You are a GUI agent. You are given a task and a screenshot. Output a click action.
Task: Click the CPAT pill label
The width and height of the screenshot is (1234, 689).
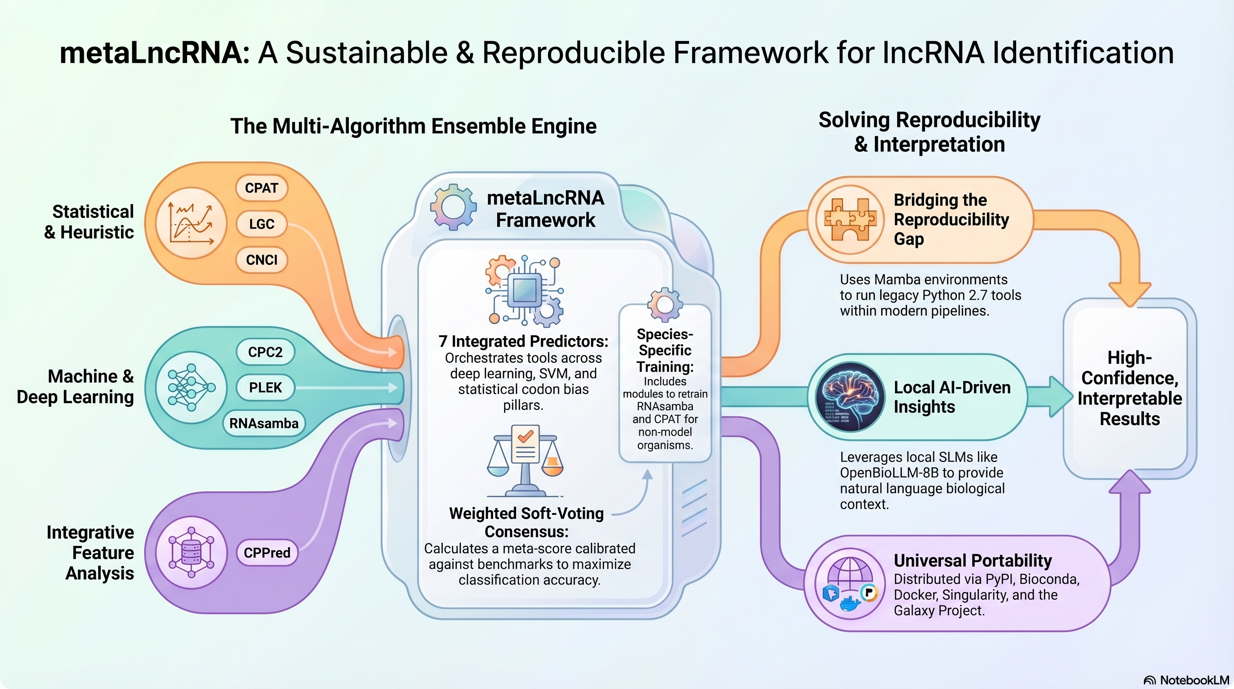261,188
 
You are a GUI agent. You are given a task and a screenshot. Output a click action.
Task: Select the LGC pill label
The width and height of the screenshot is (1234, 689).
261,224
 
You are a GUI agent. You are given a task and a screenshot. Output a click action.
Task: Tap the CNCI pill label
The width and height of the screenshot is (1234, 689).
261,260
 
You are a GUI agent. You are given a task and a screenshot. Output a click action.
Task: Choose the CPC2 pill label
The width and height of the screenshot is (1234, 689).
265,352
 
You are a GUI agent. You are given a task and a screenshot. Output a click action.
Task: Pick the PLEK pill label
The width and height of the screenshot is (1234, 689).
265,388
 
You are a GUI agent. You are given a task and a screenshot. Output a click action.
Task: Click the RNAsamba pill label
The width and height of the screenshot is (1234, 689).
264,423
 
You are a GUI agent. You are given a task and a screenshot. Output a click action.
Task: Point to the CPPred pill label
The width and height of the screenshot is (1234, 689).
267,553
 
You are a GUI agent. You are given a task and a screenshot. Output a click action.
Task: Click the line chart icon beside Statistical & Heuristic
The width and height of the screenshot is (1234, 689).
191,223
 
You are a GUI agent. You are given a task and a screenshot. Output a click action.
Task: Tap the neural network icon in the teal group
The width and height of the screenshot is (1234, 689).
191,387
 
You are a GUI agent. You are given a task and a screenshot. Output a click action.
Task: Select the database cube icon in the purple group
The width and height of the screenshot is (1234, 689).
191,552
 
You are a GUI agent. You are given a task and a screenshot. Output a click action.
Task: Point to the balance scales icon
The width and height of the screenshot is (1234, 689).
525,460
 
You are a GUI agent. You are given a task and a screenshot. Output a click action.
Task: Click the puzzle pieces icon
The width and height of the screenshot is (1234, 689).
850,219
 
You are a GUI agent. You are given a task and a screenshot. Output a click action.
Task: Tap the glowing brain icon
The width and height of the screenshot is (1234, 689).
850,397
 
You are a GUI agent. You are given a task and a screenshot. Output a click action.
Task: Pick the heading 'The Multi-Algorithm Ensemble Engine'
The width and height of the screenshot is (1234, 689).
413,126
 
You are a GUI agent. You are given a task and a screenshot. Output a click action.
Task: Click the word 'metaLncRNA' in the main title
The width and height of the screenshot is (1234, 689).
152,52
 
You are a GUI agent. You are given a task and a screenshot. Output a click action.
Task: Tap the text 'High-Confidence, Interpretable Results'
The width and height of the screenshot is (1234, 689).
1130,388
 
